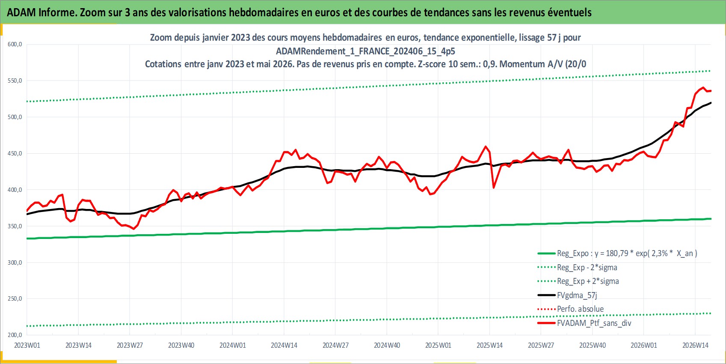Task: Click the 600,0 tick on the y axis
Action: [x=15, y=45]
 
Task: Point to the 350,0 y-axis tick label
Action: [x=15, y=226]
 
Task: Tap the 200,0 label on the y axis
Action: [x=15, y=335]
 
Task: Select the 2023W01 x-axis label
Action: [x=27, y=345]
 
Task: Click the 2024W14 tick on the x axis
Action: [x=284, y=345]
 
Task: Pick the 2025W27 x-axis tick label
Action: [x=541, y=345]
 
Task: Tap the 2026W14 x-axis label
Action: [x=695, y=345]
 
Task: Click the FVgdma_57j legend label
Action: [x=577, y=295]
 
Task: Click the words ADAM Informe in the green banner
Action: [x=41, y=12]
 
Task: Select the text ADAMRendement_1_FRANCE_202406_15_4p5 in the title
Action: [x=365, y=51]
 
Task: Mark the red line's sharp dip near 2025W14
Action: [x=494, y=188]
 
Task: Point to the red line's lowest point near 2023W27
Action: [x=134, y=229]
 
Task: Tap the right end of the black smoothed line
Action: [x=711, y=103]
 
